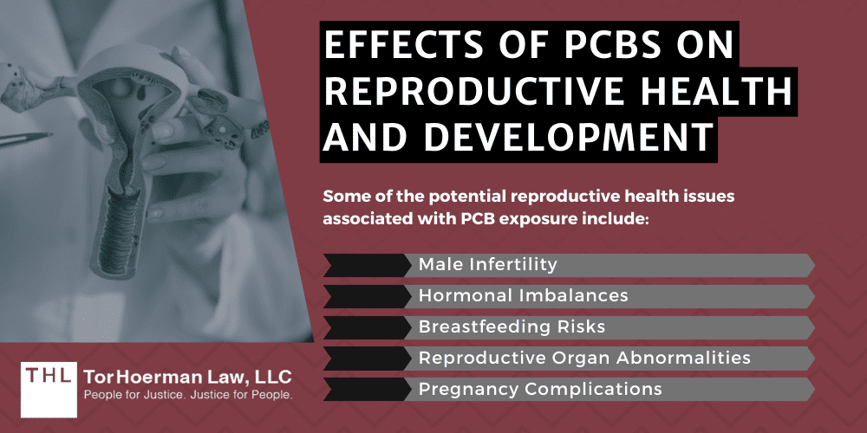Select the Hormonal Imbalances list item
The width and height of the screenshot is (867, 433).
(523, 296)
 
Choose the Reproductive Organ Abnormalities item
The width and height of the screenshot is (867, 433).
(584, 358)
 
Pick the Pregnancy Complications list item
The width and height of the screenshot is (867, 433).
(540, 389)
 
